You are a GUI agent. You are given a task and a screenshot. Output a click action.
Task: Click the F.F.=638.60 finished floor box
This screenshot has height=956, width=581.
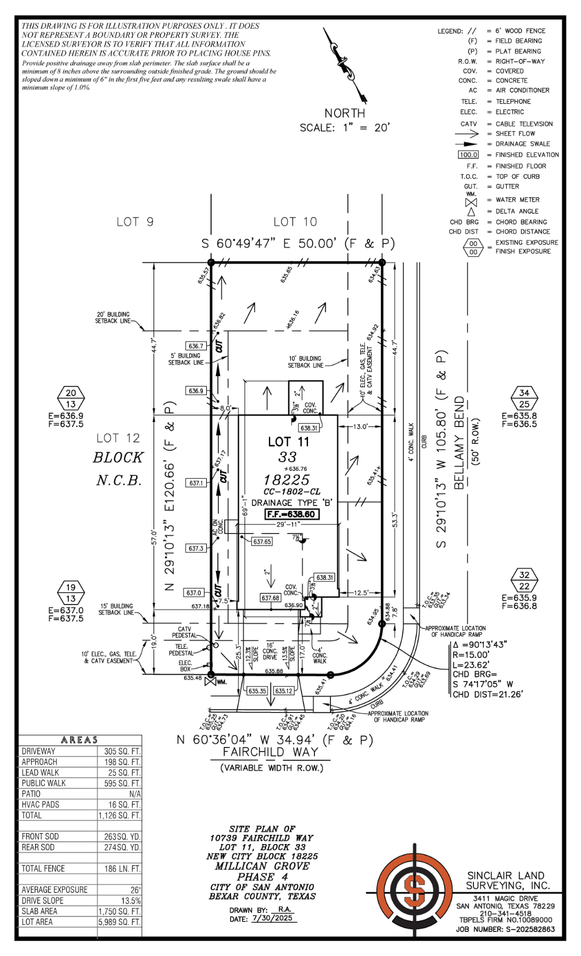(x=292, y=514)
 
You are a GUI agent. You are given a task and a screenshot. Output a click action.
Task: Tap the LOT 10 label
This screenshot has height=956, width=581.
(x=295, y=222)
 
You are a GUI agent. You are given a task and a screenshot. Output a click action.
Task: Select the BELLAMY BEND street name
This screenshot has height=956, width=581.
(x=459, y=442)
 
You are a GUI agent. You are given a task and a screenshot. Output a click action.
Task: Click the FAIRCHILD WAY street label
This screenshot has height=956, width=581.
(x=270, y=752)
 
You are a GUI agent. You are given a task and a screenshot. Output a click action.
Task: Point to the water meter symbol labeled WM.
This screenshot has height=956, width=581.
(x=210, y=682)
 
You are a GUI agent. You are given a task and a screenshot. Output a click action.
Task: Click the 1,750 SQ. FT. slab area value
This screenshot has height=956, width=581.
(x=119, y=911)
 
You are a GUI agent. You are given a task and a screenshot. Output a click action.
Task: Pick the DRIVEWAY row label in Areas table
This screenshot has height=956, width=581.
(x=39, y=751)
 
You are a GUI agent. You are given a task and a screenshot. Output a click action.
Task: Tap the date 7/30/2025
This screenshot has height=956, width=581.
(x=272, y=918)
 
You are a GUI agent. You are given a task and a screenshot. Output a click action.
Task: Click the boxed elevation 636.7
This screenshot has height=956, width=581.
(x=195, y=346)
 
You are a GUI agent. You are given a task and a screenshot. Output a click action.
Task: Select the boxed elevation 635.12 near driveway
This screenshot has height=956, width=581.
(x=283, y=691)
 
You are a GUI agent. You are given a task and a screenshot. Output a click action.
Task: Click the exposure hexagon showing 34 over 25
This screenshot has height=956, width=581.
(x=524, y=398)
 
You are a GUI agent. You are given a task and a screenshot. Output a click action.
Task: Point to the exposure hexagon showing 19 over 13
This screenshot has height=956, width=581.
(x=71, y=593)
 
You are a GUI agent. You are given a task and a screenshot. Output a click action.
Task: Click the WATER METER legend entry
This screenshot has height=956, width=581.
(x=517, y=200)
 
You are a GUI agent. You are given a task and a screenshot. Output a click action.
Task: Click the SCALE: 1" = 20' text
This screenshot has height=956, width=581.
(x=344, y=127)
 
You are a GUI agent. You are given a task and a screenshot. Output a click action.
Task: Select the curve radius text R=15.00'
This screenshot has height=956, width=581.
(x=471, y=655)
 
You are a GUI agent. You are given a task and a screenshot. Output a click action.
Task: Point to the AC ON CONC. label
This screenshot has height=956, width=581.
(x=218, y=527)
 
